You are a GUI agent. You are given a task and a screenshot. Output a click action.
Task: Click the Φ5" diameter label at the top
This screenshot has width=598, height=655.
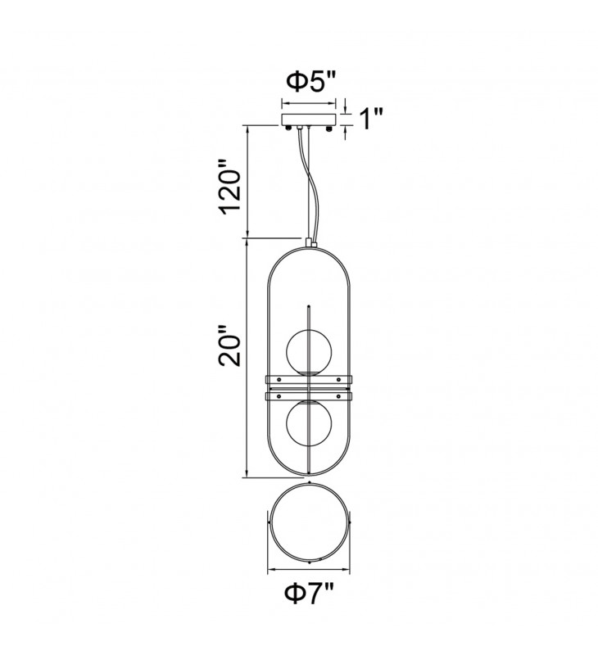[x=311, y=81]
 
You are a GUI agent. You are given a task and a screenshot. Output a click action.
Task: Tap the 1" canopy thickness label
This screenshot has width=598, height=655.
[x=370, y=119]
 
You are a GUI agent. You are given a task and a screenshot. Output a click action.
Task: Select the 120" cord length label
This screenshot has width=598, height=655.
[x=231, y=187]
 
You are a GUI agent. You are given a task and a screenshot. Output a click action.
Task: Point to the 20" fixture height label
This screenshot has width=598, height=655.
[x=230, y=346]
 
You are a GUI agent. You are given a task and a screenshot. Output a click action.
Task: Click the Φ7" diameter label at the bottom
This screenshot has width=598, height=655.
[x=310, y=594]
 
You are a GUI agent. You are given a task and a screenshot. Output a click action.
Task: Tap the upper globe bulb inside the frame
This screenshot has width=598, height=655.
[x=309, y=351]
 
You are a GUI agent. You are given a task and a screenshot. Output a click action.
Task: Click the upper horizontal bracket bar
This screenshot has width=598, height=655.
[x=309, y=380]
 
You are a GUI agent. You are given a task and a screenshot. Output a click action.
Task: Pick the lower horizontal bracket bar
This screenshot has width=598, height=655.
[x=309, y=395]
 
